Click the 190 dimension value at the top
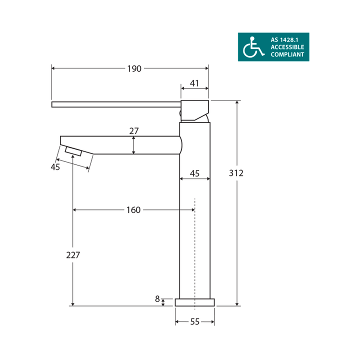tap(133, 68)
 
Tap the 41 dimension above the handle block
tap(194, 84)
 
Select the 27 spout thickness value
tap(133, 131)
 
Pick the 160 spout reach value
tap(133, 210)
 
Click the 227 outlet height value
tap(73, 254)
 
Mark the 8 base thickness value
tap(157, 299)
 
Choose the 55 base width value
tap(194, 322)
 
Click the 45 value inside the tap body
tap(194, 173)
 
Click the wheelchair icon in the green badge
tap(253, 47)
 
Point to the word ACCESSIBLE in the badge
tap(287, 47)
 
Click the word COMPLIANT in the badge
tap(286, 54)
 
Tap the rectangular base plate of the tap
tap(194, 302)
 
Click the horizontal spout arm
tap(120, 144)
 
